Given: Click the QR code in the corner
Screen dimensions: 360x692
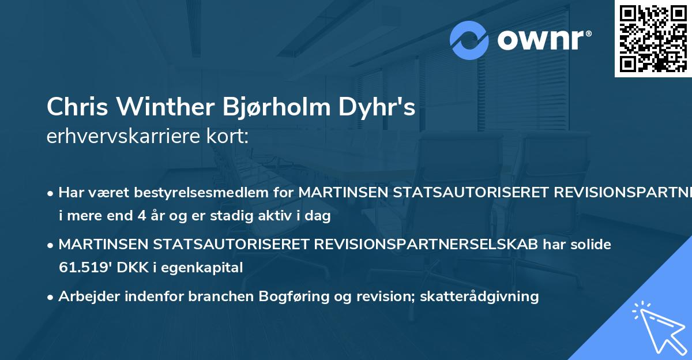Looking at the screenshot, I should tap(653, 38).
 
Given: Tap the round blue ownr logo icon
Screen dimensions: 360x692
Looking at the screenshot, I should tap(470, 40).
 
